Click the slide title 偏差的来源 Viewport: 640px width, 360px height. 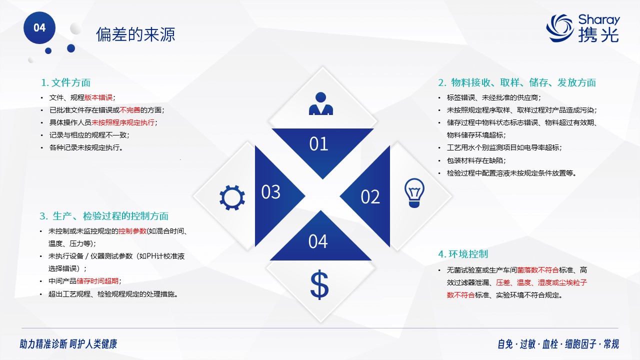point(135,34)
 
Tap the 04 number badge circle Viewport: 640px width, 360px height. point(39,27)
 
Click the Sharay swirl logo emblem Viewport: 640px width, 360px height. point(560,28)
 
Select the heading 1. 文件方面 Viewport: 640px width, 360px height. point(65,82)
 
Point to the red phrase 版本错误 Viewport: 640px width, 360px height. point(98,97)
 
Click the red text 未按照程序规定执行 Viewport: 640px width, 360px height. point(123,122)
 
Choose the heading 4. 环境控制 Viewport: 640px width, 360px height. point(463,253)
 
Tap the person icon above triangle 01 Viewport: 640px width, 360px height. point(321,103)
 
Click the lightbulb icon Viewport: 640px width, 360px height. point(414,193)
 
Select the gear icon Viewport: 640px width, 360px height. point(232,197)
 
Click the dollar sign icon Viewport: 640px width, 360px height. point(319,285)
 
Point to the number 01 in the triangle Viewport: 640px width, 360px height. point(318,143)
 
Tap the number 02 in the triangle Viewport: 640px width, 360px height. point(370,197)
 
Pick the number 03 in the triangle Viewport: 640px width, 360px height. point(271,192)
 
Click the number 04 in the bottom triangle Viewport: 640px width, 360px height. point(318,241)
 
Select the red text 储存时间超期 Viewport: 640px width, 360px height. point(97,281)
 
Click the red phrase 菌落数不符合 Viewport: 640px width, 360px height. point(537,270)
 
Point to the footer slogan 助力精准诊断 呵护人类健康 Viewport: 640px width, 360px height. point(68,344)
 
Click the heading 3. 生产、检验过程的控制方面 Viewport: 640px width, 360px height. point(104,216)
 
